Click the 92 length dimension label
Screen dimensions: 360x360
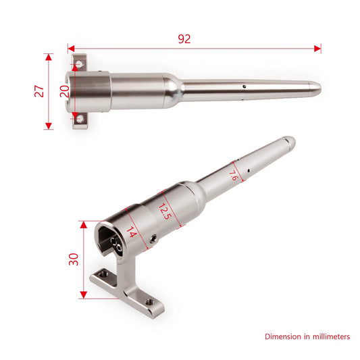[184, 38]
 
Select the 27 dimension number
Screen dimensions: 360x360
[38, 91]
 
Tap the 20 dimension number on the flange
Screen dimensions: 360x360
[65, 91]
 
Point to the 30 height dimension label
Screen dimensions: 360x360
[72, 259]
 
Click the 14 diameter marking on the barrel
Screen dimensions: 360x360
[131, 234]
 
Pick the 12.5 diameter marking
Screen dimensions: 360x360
[165, 210]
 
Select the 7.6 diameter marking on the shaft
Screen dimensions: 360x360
[234, 176]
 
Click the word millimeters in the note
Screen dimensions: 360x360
[326, 336]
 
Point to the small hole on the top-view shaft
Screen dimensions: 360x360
[243, 86]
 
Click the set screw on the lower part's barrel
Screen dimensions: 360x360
[155, 238]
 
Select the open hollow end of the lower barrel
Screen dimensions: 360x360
[110, 240]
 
